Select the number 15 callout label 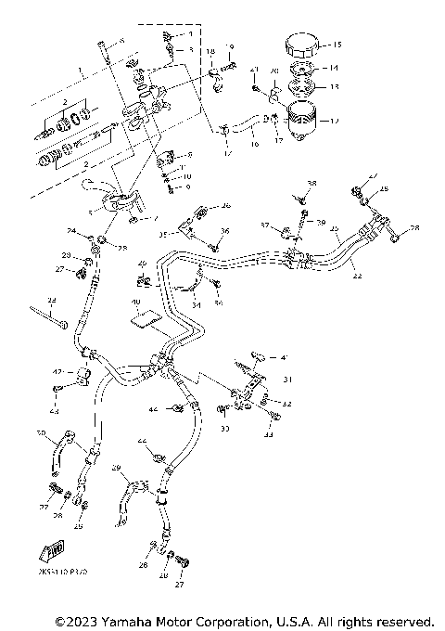(x=337, y=45)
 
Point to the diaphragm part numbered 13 (x=302, y=88)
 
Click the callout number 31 (x=288, y=378)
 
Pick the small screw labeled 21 (x=255, y=88)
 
